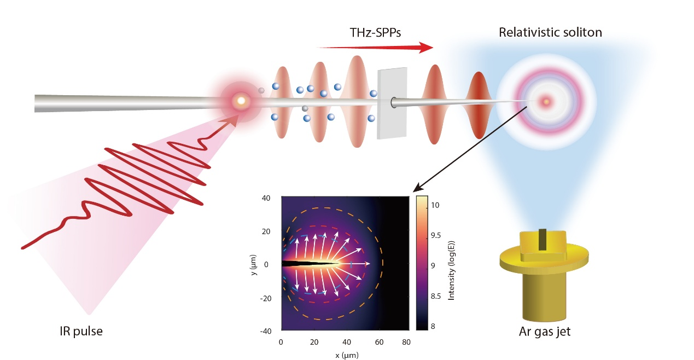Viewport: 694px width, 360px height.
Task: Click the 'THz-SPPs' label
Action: coord(375,33)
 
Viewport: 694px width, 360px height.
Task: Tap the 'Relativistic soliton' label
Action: coord(550,32)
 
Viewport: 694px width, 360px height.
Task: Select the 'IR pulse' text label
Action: coord(81,331)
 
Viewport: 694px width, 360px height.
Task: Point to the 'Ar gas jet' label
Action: coord(544,331)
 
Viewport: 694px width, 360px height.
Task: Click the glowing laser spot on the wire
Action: coord(240,101)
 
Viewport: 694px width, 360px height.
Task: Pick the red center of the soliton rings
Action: coord(545,101)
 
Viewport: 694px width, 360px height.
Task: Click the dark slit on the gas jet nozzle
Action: coord(543,240)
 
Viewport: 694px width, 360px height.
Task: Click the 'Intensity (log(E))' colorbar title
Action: coord(453,263)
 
